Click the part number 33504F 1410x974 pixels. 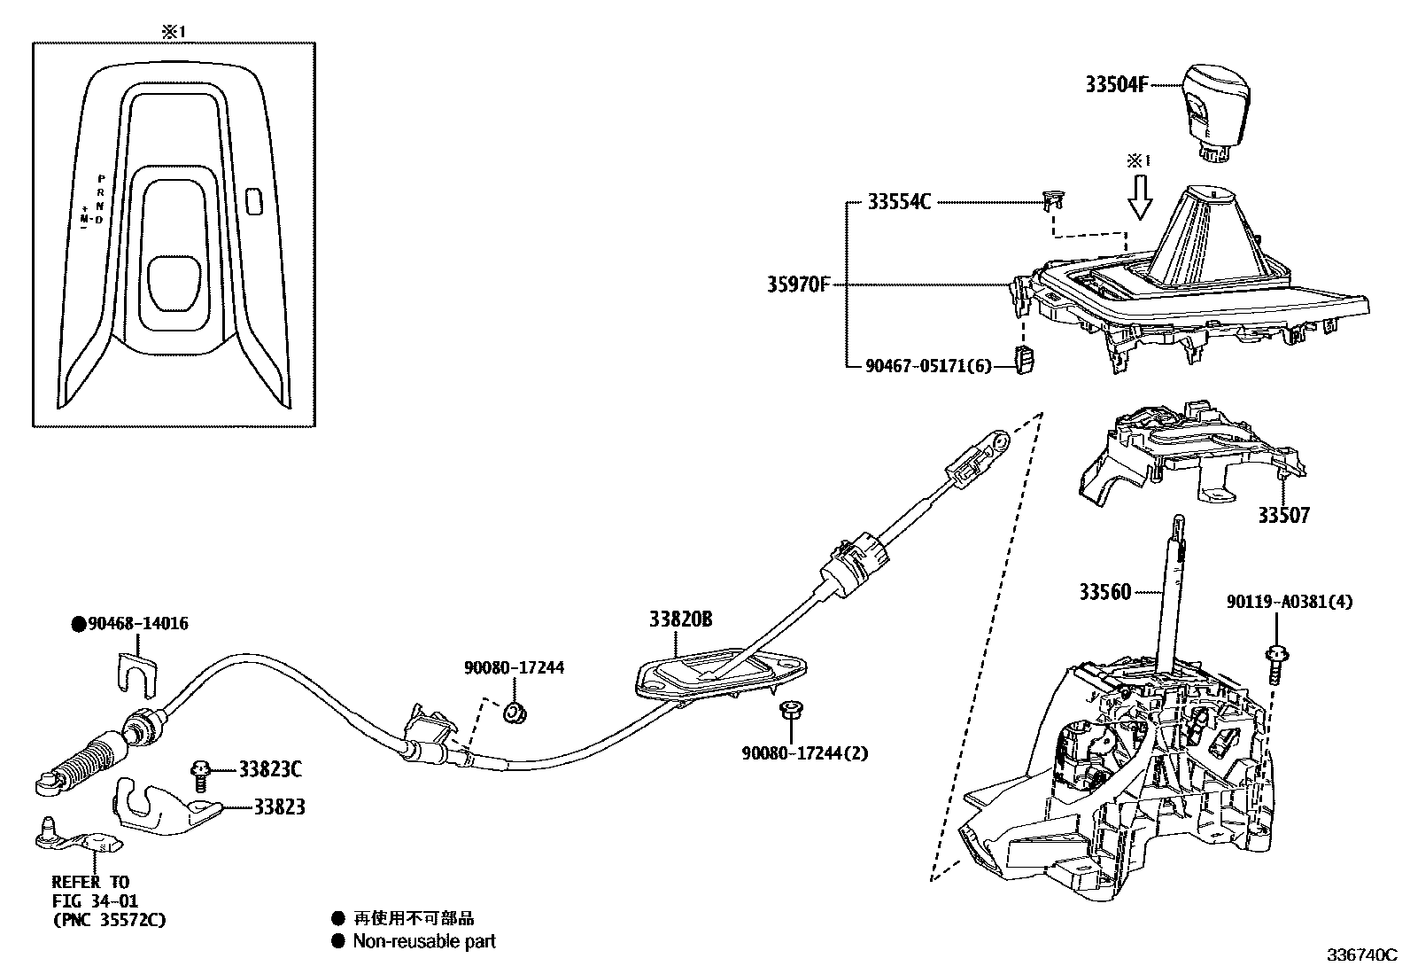click(1116, 85)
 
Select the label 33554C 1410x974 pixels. click(898, 203)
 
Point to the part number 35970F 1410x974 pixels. click(798, 285)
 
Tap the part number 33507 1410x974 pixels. click(1283, 514)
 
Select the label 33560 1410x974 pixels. click(1104, 591)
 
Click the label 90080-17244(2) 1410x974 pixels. click(805, 753)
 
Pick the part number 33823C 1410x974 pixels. click(270, 769)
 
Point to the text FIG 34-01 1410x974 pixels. click(95, 901)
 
